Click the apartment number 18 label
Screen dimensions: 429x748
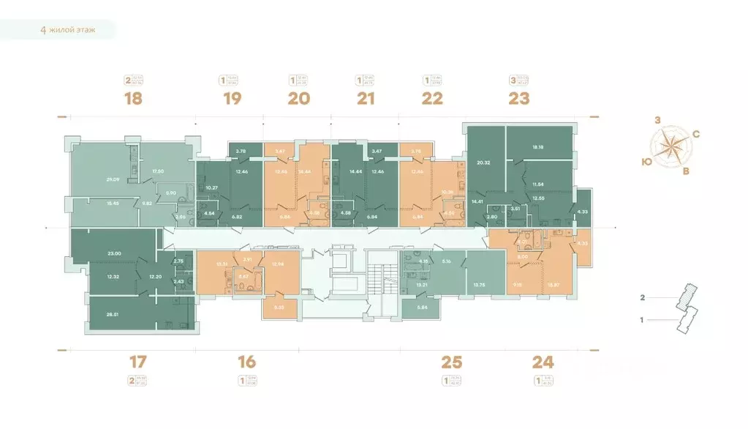pyautogui.click(x=132, y=98)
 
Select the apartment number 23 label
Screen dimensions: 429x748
pyautogui.click(x=518, y=98)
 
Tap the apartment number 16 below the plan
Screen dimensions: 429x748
pyautogui.click(x=246, y=361)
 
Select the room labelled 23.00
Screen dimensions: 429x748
pyautogui.click(x=113, y=253)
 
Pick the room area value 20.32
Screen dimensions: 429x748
pyautogui.click(x=483, y=163)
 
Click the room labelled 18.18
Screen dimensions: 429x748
pyautogui.click(x=538, y=147)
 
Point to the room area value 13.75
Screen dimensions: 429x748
pyautogui.click(x=480, y=285)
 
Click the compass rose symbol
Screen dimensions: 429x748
pyautogui.click(x=670, y=146)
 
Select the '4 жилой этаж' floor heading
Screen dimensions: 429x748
pyautogui.click(x=67, y=31)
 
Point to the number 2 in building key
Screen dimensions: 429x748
pyautogui.click(x=642, y=298)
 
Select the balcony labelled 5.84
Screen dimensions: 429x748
pyautogui.click(x=421, y=307)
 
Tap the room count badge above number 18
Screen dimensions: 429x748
pyautogui.click(x=129, y=80)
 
